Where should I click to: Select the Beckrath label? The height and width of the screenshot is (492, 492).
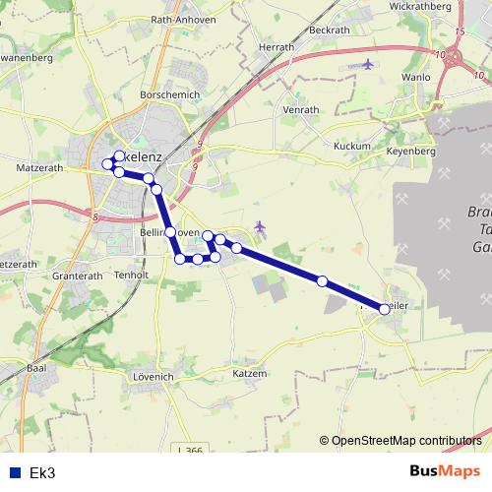point(329,30)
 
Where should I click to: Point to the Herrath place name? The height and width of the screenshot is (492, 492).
point(276,46)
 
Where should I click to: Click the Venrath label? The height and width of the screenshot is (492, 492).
point(300,110)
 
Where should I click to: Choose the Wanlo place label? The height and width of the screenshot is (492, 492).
point(416,77)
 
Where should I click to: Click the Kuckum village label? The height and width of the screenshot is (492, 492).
point(351,146)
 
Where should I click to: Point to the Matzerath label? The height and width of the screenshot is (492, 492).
point(39,169)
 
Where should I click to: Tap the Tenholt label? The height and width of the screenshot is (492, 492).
point(132,275)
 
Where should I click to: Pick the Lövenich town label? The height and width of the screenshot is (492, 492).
point(152,376)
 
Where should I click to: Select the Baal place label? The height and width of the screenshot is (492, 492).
point(38,368)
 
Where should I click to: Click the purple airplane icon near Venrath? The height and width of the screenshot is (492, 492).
point(368,65)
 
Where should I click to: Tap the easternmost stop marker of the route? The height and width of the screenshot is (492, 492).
point(384,308)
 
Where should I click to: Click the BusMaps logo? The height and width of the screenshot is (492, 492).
point(445,471)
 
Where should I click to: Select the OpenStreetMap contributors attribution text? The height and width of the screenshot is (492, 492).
point(406,440)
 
